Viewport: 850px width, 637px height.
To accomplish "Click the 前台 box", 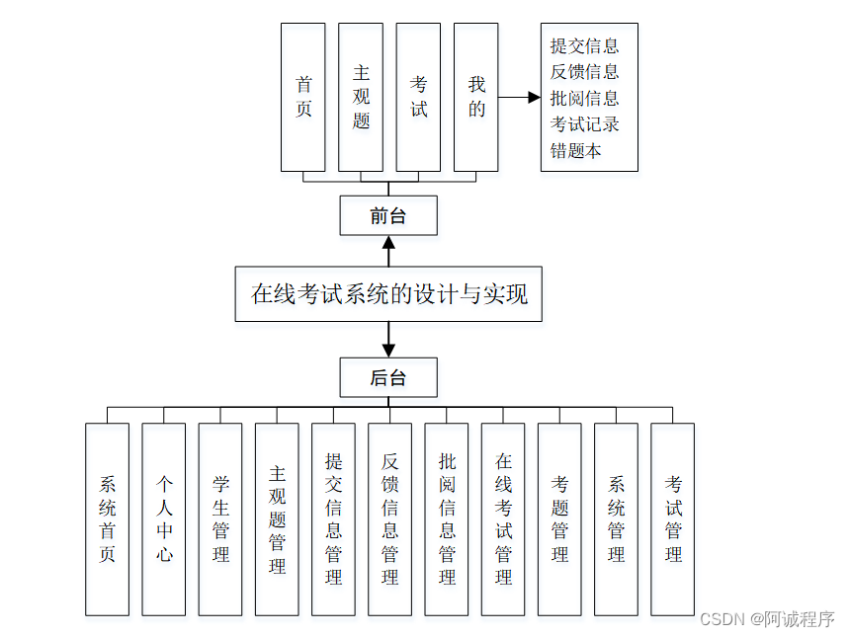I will pos(387,215).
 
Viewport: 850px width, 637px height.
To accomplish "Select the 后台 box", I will pos(387,377).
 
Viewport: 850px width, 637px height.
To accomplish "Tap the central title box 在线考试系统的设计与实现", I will pos(388,293).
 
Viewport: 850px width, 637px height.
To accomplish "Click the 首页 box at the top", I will pos(303,97).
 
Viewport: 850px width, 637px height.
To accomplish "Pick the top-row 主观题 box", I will pos(361,97).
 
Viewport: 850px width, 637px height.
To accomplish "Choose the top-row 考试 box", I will pos(418,97).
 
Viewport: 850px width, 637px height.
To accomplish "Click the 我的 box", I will pos(475,97).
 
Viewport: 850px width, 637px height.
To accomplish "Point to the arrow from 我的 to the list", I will pos(519,98).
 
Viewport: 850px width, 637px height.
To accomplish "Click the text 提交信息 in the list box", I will pos(585,45).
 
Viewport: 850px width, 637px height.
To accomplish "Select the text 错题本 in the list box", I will pos(576,151).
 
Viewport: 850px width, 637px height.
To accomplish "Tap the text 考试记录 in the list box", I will pos(585,124).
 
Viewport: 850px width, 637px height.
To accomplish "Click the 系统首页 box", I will pos(107,518).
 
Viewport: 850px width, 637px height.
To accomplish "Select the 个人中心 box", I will pos(164,518).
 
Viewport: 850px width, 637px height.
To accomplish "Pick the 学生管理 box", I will pos(220,518).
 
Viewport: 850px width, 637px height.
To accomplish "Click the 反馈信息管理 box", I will pos(389,518).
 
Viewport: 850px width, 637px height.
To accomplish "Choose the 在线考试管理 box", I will pos(503,518).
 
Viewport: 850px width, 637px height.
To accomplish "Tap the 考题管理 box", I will pos(559,518).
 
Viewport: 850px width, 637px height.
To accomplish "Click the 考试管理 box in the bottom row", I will pos(672,518).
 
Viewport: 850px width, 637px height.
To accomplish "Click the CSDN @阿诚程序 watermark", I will pos(766,619).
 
